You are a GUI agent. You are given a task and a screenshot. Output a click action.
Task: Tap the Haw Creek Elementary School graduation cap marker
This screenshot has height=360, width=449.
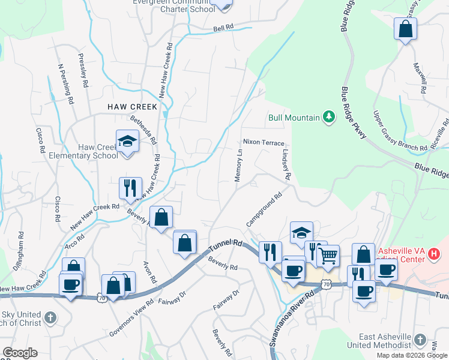[x=127, y=142]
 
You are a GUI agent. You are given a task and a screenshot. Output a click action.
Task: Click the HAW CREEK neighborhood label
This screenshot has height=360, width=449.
[x=132, y=106]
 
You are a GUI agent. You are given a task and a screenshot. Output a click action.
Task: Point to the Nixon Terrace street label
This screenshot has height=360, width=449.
[x=264, y=142]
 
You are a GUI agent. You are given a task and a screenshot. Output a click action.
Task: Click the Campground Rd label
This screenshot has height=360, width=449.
[x=264, y=209]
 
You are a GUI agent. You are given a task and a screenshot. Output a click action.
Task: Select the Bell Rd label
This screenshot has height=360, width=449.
[x=223, y=28]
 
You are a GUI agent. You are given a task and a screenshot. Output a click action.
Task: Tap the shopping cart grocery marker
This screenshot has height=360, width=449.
[x=328, y=256]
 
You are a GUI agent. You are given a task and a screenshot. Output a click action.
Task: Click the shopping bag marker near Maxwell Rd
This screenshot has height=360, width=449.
[x=405, y=29]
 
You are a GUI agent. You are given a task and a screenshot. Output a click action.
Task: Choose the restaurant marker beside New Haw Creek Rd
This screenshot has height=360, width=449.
[x=130, y=188]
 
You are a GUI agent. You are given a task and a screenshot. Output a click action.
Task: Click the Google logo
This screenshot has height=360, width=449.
[x=20, y=353]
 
